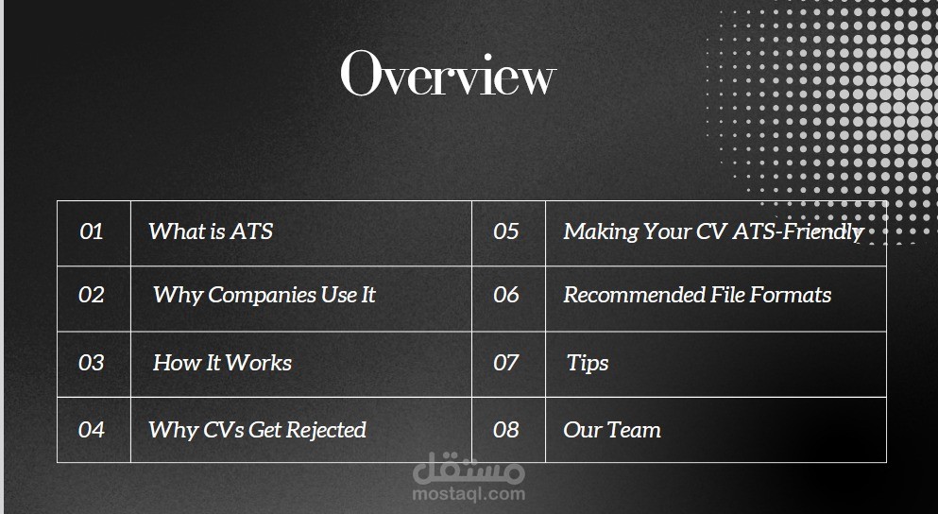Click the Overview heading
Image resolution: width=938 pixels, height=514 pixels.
[x=448, y=74]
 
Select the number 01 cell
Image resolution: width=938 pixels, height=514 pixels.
[x=92, y=231]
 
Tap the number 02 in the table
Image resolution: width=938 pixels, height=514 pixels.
[x=92, y=295]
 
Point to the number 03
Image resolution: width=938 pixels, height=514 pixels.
[x=92, y=363]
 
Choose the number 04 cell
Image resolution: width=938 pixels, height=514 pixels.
[x=92, y=430]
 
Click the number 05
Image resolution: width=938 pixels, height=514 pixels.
[x=506, y=231]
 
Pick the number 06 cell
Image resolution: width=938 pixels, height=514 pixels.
[x=506, y=295]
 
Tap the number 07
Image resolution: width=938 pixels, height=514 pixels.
[x=506, y=363]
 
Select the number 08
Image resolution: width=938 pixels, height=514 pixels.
[x=506, y=430]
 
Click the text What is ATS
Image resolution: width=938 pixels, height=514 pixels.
[x=211, y=231]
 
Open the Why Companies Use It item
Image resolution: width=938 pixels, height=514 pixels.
[x=264, y=295]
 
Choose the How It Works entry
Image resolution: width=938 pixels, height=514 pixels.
[x=222, y=363]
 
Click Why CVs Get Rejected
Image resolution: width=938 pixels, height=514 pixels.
[x=257, y=430]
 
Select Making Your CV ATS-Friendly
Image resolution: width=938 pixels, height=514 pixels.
[x=713, y=231]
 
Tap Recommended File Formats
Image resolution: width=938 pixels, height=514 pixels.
[x=697, y=295]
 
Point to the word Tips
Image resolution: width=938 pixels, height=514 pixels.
[x=588, y=363]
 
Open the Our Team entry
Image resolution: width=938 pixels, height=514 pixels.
[x=612, y=430]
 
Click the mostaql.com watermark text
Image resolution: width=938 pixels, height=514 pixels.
[x=469, y=493]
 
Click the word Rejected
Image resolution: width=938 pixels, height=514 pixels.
[x=326, y=430]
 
